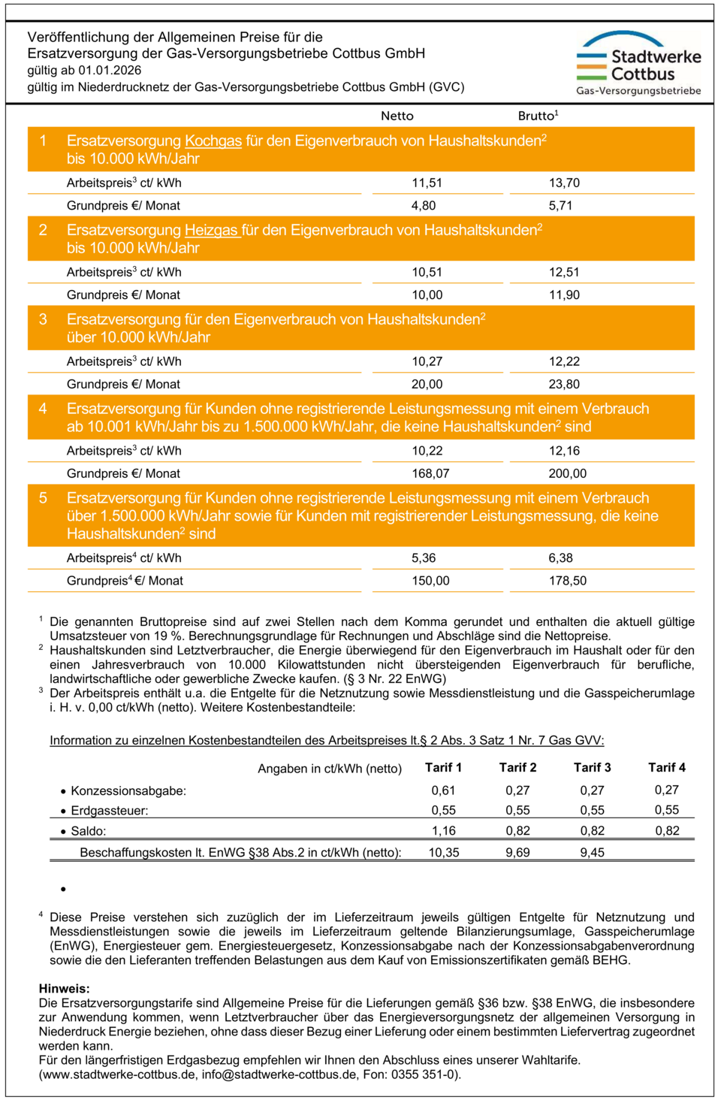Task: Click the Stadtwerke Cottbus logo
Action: click(638, 64)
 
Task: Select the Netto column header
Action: click(397, 116)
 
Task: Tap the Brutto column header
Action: click(538, 116)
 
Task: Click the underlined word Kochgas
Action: click(213, 141)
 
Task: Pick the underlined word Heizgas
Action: click(213, 230)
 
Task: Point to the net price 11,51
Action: click(427, 183)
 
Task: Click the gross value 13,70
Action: click(564, 183)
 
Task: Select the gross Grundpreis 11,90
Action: click(564, 295)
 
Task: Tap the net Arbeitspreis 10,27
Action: click(427, 361)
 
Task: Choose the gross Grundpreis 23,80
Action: click(564, 384)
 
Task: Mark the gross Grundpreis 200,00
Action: click(567, 473)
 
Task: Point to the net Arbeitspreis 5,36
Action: click(424, 558)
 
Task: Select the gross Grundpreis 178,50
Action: click(567, 580)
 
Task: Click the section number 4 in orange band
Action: click(43, 409)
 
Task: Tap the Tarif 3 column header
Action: click(592, 767)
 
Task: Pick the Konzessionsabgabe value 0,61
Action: click(443, 790)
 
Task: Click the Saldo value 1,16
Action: click(443, 830)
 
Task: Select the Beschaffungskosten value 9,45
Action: click(592, 852)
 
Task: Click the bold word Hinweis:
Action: click(64, 988)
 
